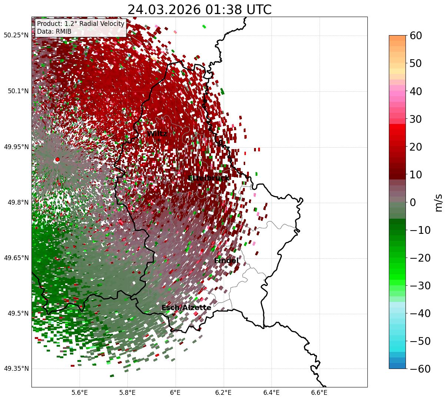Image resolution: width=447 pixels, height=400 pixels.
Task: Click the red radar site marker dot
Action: pyautogui.click(x=57, y=159)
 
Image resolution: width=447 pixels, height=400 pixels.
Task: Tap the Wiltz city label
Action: pyautogui.click(x=157, y=134)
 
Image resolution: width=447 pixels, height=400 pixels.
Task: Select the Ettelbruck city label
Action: pyautogui.click(x=209, y=178)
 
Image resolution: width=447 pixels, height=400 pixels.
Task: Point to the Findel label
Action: pyautogui.click(x=226, y=261)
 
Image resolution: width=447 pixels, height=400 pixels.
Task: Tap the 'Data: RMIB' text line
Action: pyautogui.click(x=54, y=31)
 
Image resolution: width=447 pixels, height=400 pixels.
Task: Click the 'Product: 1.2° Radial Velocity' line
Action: pyautogui.click(x=80, y=24)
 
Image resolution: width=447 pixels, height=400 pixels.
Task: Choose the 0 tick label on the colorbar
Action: pyautogui.click(x=413, y=202)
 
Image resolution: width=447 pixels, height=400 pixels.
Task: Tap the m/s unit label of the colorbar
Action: pyautogui.click(x=438, y=202)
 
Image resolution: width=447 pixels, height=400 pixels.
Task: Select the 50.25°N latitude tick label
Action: pyautogui.click(x=16, y=35)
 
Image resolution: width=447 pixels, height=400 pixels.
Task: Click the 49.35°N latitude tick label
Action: pyautogui.click(x=16, y=369)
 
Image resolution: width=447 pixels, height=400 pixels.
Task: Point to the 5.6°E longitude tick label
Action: pyautogui.click(x=80, y=392)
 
